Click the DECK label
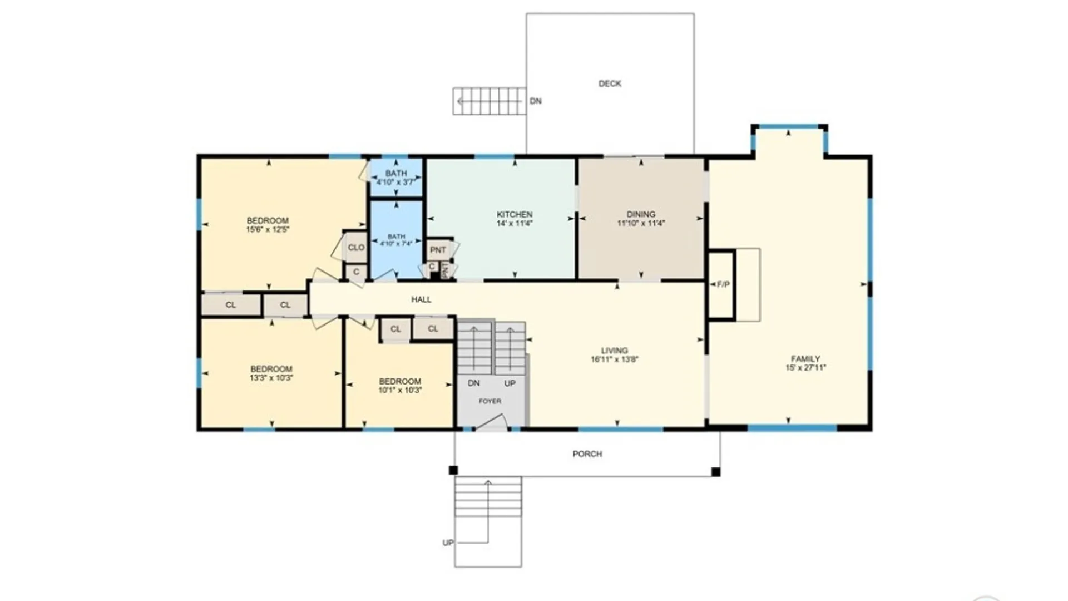click(610, 83)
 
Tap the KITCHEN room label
click(515, 214)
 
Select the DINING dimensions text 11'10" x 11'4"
click(641, 224)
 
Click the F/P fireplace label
click(723, 284)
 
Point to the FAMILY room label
click(805, 359)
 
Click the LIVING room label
click(614, 351)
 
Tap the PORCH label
click(587, 454)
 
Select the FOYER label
click(489, 401)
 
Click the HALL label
click(421, 299)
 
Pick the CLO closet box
click(356, 248)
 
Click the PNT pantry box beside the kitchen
click(438, 250)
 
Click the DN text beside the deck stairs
click(535, 101)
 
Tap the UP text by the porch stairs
click(448, 543)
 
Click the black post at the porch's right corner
click(716, 472)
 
